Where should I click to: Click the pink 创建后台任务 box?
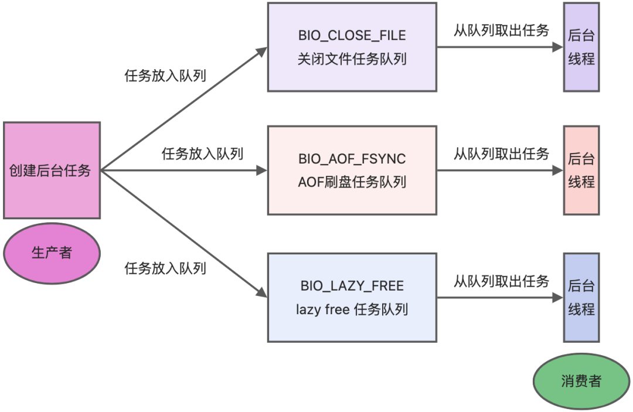(x=52, y=171)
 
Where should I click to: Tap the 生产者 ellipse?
(x=52, y=253)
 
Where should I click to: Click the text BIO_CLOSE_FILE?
(x=352, y=35)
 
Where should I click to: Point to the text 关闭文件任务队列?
(x=352, y=59)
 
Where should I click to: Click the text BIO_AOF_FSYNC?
(x=352, y=159)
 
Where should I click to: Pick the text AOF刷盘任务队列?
(x=352, y=182)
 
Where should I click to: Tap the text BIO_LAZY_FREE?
(x=352, y=286)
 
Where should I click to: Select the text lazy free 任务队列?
(x=352, y=309)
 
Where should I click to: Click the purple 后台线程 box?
(x=581, y=47)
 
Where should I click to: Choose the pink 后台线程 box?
(x=581, y=170)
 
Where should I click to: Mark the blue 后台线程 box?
(x=581, y=298)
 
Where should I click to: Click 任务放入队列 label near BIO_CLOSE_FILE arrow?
(x=165, y=76)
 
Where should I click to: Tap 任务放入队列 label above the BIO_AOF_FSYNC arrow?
(x=202, y=154)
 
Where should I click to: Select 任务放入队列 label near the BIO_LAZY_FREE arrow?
(x=165, y=268)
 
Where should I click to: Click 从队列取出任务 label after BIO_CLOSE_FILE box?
(x=501, y=30)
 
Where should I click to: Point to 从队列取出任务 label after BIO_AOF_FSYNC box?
(x=501, y=154)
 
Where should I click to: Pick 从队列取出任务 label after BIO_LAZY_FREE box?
(x=501, y=281)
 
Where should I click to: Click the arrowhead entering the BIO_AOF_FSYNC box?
(x=261, y=171)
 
